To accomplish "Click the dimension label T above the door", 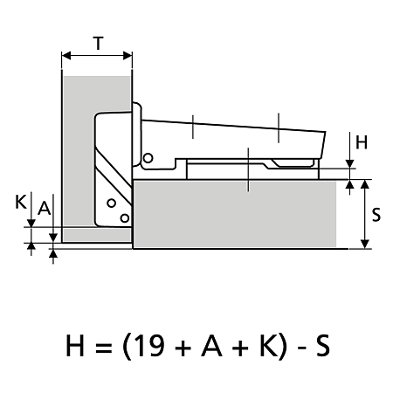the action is [x=99, y=44].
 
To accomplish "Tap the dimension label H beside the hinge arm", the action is [x=362, y=142].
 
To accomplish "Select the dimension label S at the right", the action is [x=376, y=215].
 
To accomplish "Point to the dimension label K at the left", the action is [x=21, y=202].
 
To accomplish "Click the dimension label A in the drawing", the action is [x=45, y=208].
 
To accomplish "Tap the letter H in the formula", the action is [x=75, y=346].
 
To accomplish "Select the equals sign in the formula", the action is [x=104, y=347].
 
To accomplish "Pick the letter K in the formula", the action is [x=268, y=346].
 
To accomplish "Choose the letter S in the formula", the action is [x=323, y=346].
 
